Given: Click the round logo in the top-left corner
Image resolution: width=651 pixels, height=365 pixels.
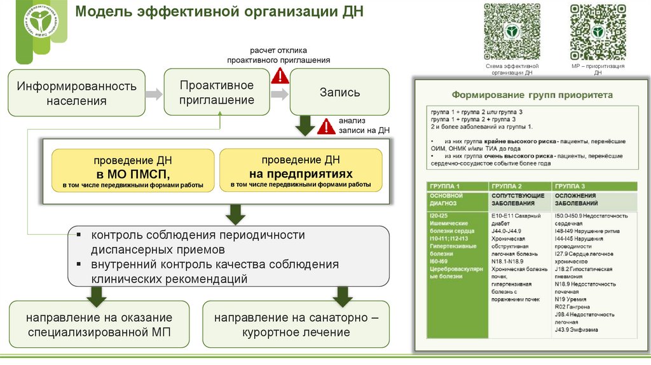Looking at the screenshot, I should point(40,21).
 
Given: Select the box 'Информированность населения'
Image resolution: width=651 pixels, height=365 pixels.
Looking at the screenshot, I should point(76,93).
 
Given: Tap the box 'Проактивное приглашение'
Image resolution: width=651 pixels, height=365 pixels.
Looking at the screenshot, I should point(217,93).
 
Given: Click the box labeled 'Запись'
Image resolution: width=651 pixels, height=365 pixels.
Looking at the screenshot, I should point(339,92).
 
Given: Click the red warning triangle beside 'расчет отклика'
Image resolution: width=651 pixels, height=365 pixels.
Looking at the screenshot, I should point(280,76).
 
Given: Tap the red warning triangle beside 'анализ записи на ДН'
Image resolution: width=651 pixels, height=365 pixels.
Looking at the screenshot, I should point(325,126).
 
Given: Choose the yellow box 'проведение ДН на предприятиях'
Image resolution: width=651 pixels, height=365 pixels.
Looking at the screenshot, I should point(301,170).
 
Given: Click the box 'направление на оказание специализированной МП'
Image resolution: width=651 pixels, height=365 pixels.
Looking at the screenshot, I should point(99,324).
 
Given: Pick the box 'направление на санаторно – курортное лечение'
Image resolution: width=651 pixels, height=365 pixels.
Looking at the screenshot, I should point(296,324).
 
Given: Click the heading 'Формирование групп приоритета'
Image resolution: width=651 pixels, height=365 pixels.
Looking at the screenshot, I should point(531,95).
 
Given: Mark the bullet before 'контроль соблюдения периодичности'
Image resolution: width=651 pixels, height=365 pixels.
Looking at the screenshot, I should point(78,234).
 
